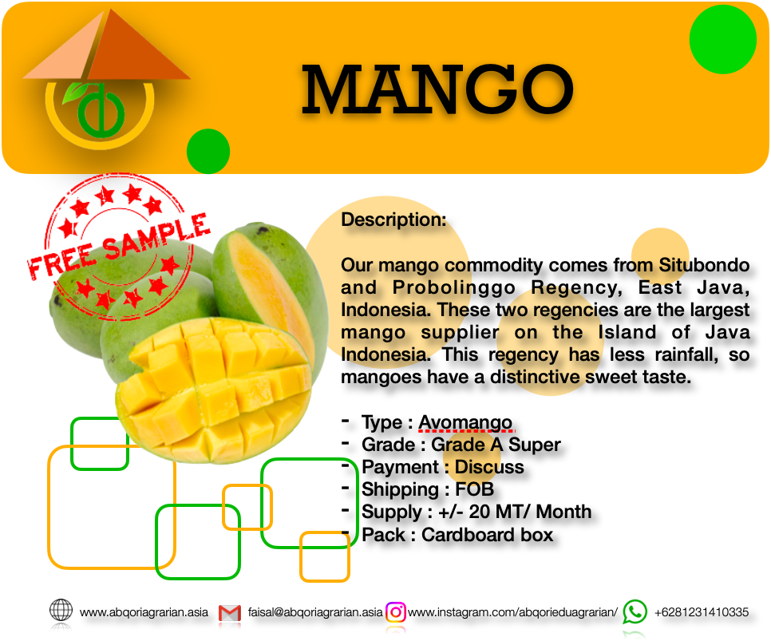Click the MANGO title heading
click(437, 90)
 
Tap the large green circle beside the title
click(723, 39)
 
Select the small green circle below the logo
click(208, 151)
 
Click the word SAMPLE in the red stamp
click(156, 238)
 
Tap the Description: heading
click(393, 220)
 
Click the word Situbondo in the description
click(704, 265)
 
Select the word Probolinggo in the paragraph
click(454, 288)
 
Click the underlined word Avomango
click(465, 422)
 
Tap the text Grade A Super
click(496, 445)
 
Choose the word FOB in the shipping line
click(475, 489)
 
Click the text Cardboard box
click(488, 535)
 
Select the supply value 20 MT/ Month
click(530, 512)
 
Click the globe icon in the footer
click(61, 610)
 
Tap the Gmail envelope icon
click(230, 613)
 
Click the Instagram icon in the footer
click(396, 612)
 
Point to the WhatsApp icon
click(635, 611)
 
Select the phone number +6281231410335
click(702, 612)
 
